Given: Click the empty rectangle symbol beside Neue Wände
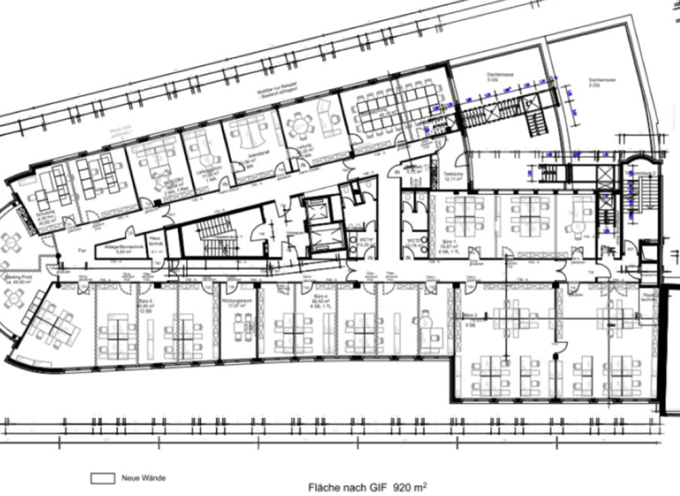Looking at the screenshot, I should tap(104, 477).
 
